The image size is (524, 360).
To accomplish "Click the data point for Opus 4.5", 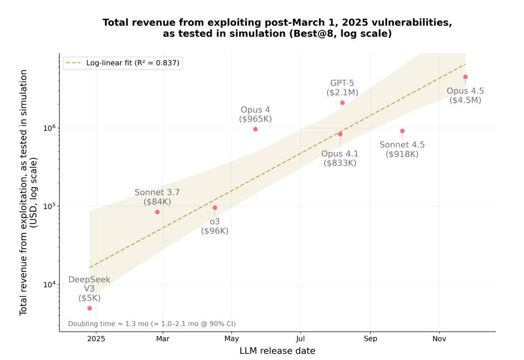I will pos(465,77).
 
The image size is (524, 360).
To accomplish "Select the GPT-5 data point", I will pos(342,103).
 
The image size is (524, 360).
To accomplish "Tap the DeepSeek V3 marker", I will pos(90,308).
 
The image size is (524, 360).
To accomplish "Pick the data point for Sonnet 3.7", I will pos(157,212).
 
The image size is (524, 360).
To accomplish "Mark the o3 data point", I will pos(215,208).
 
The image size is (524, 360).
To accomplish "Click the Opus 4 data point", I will pos(255,129).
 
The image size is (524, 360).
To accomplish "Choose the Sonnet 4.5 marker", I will pos(402,131).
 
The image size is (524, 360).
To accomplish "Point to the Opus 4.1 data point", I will pos(340,134).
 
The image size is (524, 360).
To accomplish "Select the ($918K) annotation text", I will pos(402,154).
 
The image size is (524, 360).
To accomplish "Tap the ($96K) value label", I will pos(215,231).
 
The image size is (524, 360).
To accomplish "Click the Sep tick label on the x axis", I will pos(370,339).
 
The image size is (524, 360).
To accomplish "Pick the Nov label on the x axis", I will pos(439,339).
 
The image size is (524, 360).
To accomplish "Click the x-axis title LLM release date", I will pos(277,351).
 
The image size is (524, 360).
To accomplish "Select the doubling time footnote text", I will pos(152,324).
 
